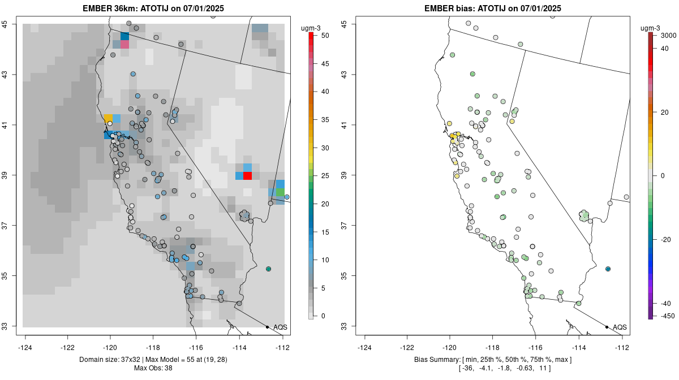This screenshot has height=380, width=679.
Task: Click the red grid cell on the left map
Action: [x=247, y=176]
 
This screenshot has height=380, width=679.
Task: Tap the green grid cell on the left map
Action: [x=280, y=193]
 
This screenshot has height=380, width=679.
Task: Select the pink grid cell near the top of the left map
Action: [x=124, y=44]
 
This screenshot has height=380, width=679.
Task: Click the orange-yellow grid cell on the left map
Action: [x=108, y=118]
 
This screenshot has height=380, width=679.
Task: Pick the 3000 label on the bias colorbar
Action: [x=669, y=36]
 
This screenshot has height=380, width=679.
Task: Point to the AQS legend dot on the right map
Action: [x=607, y=327]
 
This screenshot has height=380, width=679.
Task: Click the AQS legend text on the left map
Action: [x=281, y=327]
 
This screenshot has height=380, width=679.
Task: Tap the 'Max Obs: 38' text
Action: [x=153, y=368]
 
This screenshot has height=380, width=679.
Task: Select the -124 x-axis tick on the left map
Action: [x=26, y=347]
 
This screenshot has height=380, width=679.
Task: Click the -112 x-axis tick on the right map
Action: [x=622, y=347]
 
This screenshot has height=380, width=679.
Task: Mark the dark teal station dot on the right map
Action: [x=608, y=269]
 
